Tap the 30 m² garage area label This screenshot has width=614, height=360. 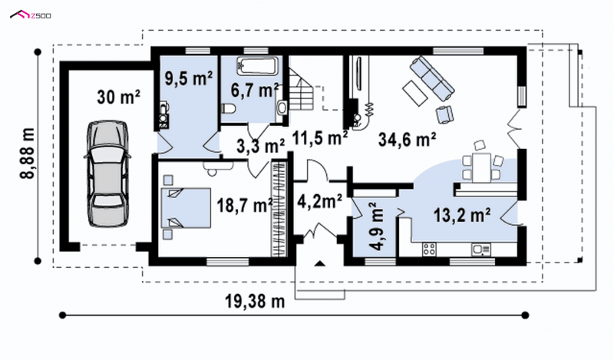tap(119, 97)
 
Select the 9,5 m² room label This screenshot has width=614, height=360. tap(189, 78)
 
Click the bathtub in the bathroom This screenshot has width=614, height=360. tap(258, 66)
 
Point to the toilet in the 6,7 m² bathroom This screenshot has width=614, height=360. tap(228, 109)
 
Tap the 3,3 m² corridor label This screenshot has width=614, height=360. tap(261, 146)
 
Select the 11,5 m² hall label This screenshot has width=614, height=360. tap(320, 138)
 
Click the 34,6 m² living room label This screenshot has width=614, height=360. tap(408, 139)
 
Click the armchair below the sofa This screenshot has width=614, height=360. tap(444, 114)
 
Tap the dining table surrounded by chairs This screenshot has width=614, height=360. tap(482, 167)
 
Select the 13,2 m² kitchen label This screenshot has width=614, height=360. tap(462, 215)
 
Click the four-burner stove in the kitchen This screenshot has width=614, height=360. tap(429, 249)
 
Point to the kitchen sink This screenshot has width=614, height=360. tap(481, 249)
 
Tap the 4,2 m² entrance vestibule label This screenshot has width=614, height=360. tap(320, 202)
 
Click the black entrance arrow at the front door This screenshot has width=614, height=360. tap(320, 263)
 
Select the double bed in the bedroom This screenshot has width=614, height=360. tap(186, 207)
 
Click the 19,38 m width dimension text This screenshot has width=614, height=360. tap(255, 301)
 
